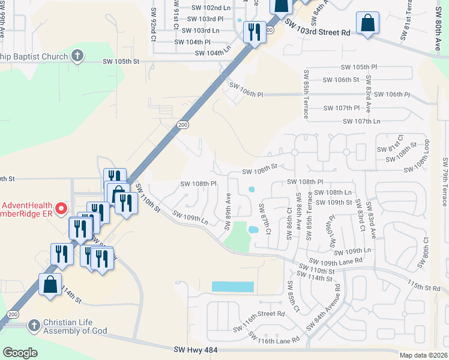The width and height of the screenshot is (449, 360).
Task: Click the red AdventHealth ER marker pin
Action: pos(61,209)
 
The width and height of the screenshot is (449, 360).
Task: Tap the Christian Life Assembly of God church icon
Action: pos(34,325)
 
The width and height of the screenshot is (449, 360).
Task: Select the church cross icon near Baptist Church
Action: pos(76,56)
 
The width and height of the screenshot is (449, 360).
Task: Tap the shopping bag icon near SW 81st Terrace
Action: pos(367,24)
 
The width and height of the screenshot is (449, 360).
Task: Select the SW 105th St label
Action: pos(121,61)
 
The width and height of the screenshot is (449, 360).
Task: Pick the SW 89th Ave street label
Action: pos(228,211)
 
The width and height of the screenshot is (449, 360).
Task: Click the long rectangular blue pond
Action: pos(233,287)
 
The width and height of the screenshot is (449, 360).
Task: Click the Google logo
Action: pos(20,353)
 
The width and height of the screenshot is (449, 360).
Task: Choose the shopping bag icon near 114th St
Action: pos(50,284)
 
